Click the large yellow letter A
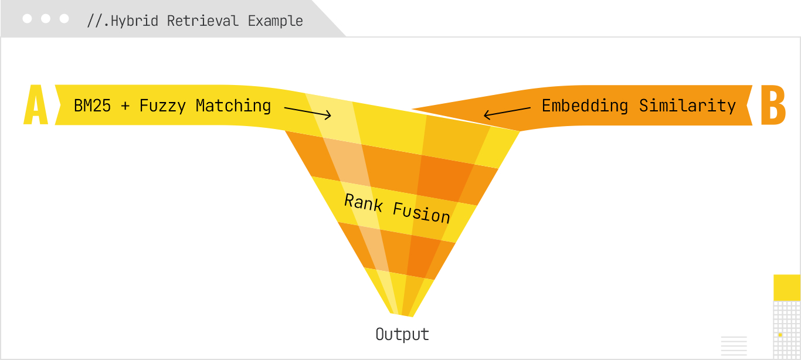pyautogui.click(x=36, y=106)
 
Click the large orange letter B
pyautogui.click(x=772, y=106)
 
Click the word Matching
pyautogui.click(x=233, y=106)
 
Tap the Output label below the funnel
pyautogui.click(x=402, y=335)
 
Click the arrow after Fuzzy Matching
pyautogui.click(x=307, y=111)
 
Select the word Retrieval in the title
pyautogui.click(x=203, y=21)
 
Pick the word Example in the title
pyautogui.click(x=275, y=21)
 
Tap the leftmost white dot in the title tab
pyautogui.click(x=27, y=19)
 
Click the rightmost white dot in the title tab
pyautogui.click(x=65, y=19)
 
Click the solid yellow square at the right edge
pyautogui.click(x=787, y=287)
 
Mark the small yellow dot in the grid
pyautogui.click(x=780, y=334)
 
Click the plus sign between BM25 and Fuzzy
pyautogui.click(x=125, y=107)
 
